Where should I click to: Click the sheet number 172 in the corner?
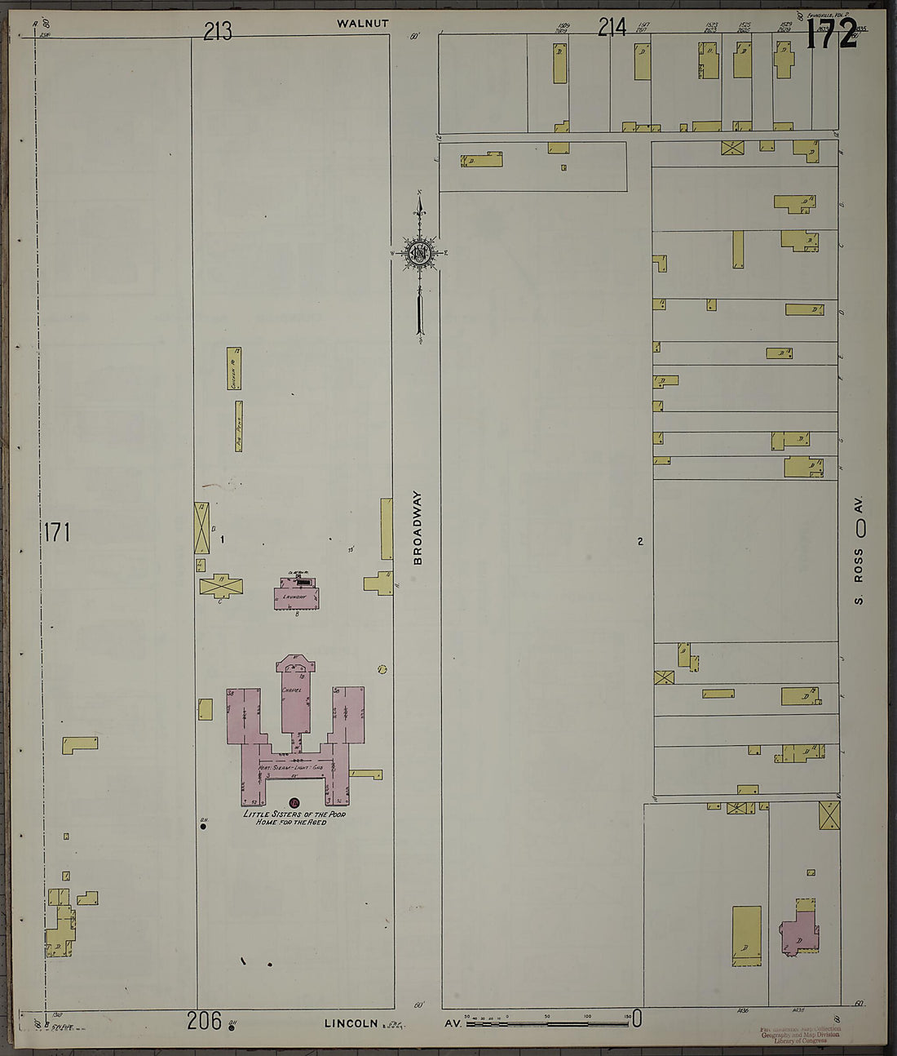(x=832, y=33)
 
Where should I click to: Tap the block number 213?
(x=218, y=31)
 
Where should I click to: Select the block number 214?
(x=612, y=28)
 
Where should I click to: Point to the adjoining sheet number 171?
(x=57, y=533)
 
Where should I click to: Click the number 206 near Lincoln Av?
(x=204, y=1020)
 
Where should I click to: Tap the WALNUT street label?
(x=363, y=24)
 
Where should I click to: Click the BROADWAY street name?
(x=418, y=527)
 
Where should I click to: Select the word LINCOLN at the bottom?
(x=351, y=1023)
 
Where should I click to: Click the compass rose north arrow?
(x=419, y=253)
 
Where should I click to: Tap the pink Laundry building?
(x=296, y=597)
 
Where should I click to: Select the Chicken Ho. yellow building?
(x=233, y=368)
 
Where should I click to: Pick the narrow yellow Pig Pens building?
(x=239, y=426)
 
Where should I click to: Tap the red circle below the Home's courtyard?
(x=294, y=803)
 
